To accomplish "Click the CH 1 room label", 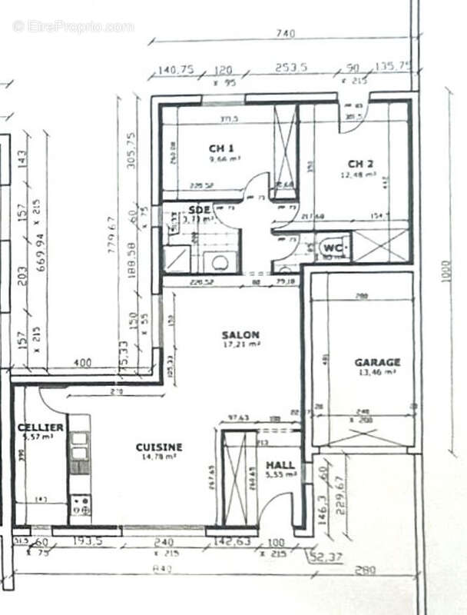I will click(x=221, y=148).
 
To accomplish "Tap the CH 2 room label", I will click(x=360, y=163).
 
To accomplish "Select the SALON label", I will click(x=240, y=335).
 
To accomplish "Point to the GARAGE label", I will click(x=376, y=361).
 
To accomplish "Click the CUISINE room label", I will click(x=159, y=447).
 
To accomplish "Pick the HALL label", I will click(x=280, y=465).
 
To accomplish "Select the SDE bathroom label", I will click(x=199, y=209).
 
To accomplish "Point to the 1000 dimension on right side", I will click(x=446, y=271).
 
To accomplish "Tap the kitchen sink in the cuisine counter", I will click(x=78, y=454).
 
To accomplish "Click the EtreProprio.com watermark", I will click(x=73, y=26).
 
